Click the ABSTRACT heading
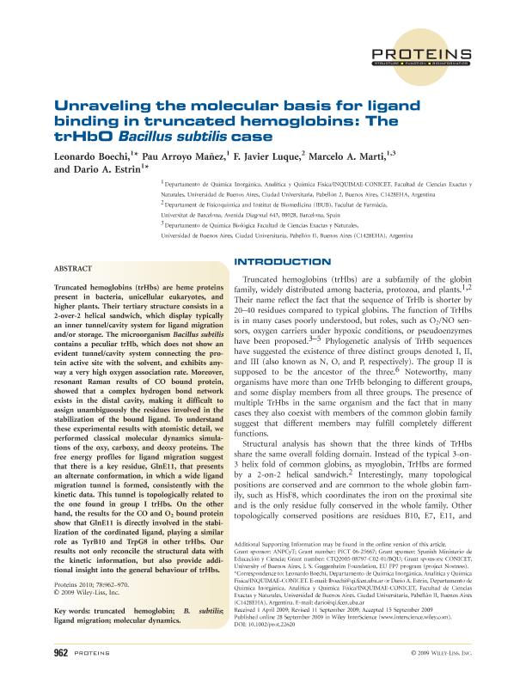pos(74,267)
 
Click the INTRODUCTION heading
pos(282,260)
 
